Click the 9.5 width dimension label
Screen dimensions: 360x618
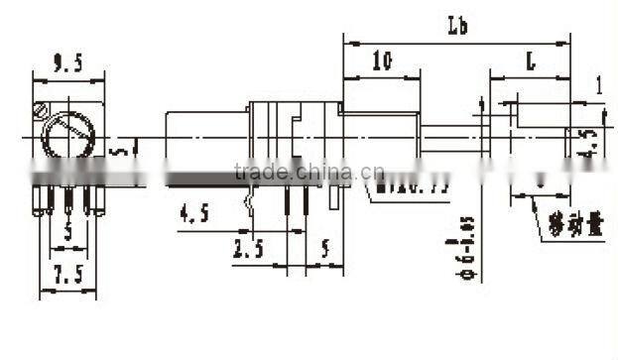[x=67, y=64]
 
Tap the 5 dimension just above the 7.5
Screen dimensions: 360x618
[x=67, y=235]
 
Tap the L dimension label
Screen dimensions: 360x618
[x=531, y=62]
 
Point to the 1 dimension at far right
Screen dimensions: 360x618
[x=599, y=85]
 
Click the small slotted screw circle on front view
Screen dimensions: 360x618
[x=40, y=109]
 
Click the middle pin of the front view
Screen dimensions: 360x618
[x=68, y=198]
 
